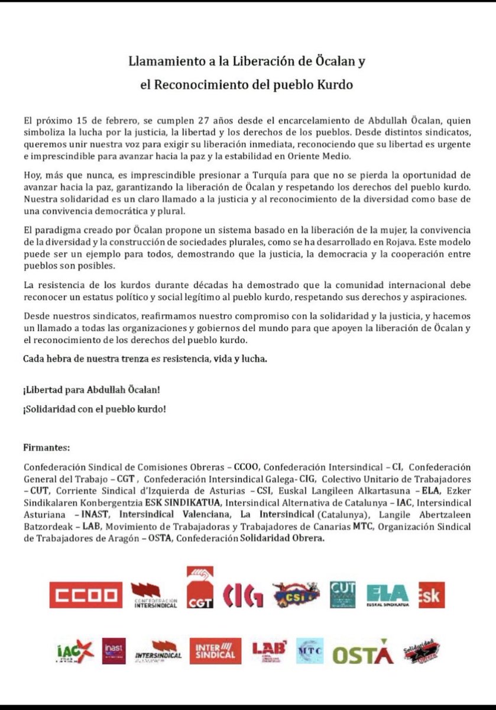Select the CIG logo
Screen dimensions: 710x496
[244, 595]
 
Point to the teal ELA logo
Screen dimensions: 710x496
[387, 595]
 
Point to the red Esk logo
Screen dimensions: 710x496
[430, 595]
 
